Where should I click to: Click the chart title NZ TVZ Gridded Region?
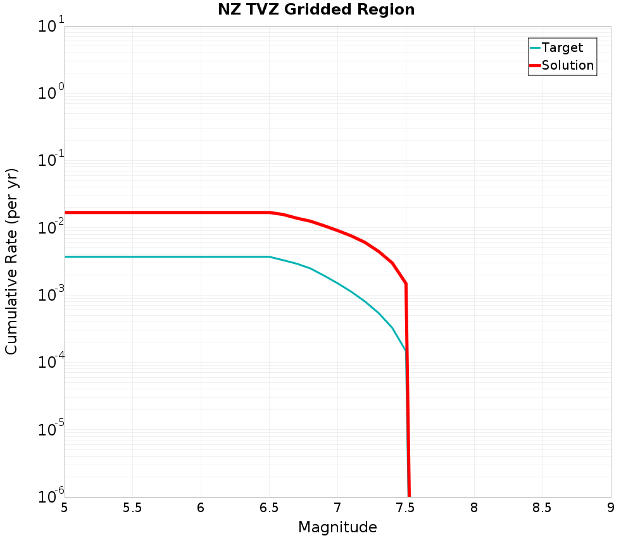pyautogui.click(x=316, y=10)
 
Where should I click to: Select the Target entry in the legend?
pyautogui.click(x=562, y=47)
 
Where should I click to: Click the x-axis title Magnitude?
pyautogui.click(x=337, y=527)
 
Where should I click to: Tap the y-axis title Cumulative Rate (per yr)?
pyautogui.click(x=11, y=261)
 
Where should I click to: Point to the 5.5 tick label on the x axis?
pyautogui.click(x=132, y=508)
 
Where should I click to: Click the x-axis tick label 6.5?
pyautogui.click(x=269, y=508)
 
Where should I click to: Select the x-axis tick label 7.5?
pyautogui.click(x=406, y=508)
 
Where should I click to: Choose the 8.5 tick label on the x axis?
pyautogui.click(x=542, y=508)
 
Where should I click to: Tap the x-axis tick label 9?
pyautogui.click(x=611, y=508)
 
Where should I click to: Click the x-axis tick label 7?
pyautogui.click(x=337, y=508)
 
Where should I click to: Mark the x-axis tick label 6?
pyautogui.click(x=201, y=508)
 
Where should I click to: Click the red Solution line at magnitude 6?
pyautogui.click(x=201, y=212)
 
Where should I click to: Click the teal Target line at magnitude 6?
pyautogui.click(x=201, y=256)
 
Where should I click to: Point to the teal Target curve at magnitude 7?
pyautogui.click(x=337, y=283)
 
